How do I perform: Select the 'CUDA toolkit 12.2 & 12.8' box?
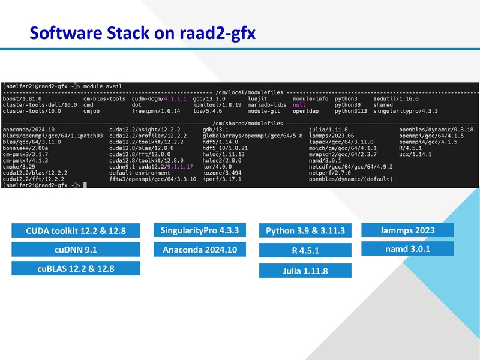coord(76,230)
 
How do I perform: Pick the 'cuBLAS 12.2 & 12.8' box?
coord(76,269)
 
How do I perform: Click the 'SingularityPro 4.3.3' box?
coord(200,230)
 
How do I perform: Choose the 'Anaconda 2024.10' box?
coord(200,249)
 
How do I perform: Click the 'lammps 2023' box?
coord(407,230)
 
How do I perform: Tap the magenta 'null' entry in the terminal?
coord(299,104)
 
